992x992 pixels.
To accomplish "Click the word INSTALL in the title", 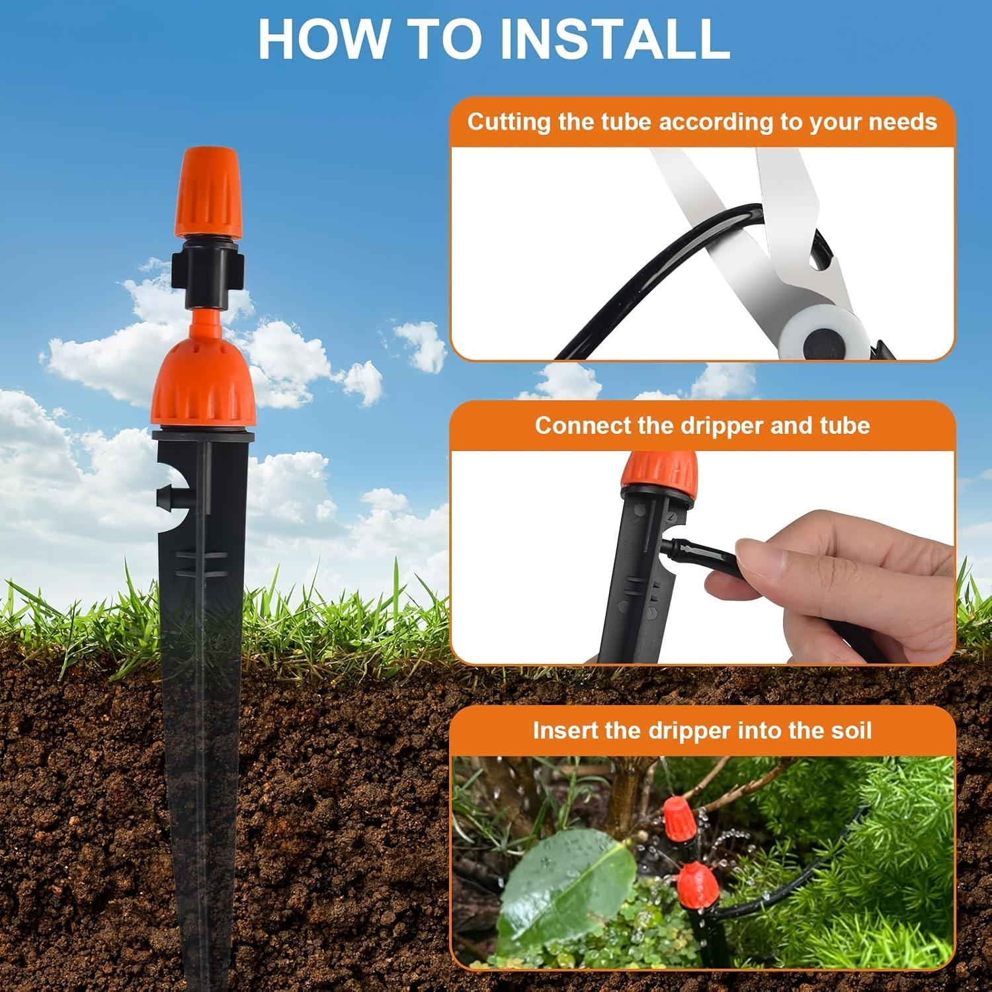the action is (614, 39).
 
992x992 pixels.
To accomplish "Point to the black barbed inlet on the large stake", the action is (167, 493).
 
